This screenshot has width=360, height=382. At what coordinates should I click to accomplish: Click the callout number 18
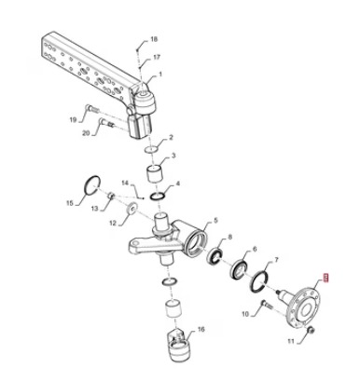tap(154, 39)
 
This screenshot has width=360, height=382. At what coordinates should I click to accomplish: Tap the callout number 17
tap(157, 57)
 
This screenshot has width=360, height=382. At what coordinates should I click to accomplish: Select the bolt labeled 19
tap(91, 109)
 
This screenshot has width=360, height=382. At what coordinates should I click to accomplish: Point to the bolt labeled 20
tap(106, 123)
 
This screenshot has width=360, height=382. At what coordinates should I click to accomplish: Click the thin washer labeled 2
tap(151, 149)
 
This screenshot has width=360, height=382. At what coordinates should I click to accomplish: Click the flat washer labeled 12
tap(132, 208)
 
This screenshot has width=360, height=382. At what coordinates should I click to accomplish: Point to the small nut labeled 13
tap(112, 196)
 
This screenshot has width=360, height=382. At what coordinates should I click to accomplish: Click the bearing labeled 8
tap(215, 257)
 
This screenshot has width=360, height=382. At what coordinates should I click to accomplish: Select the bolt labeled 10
tap(267, 305)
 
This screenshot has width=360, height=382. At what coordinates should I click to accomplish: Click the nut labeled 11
tap(311, 331)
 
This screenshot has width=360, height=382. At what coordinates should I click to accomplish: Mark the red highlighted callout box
tap(326, 278)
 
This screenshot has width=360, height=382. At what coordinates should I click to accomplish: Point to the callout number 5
tap(215, 220)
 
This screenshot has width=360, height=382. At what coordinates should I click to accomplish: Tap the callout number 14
tap(125, 183)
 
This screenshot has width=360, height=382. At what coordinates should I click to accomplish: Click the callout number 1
tap(160, 75)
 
